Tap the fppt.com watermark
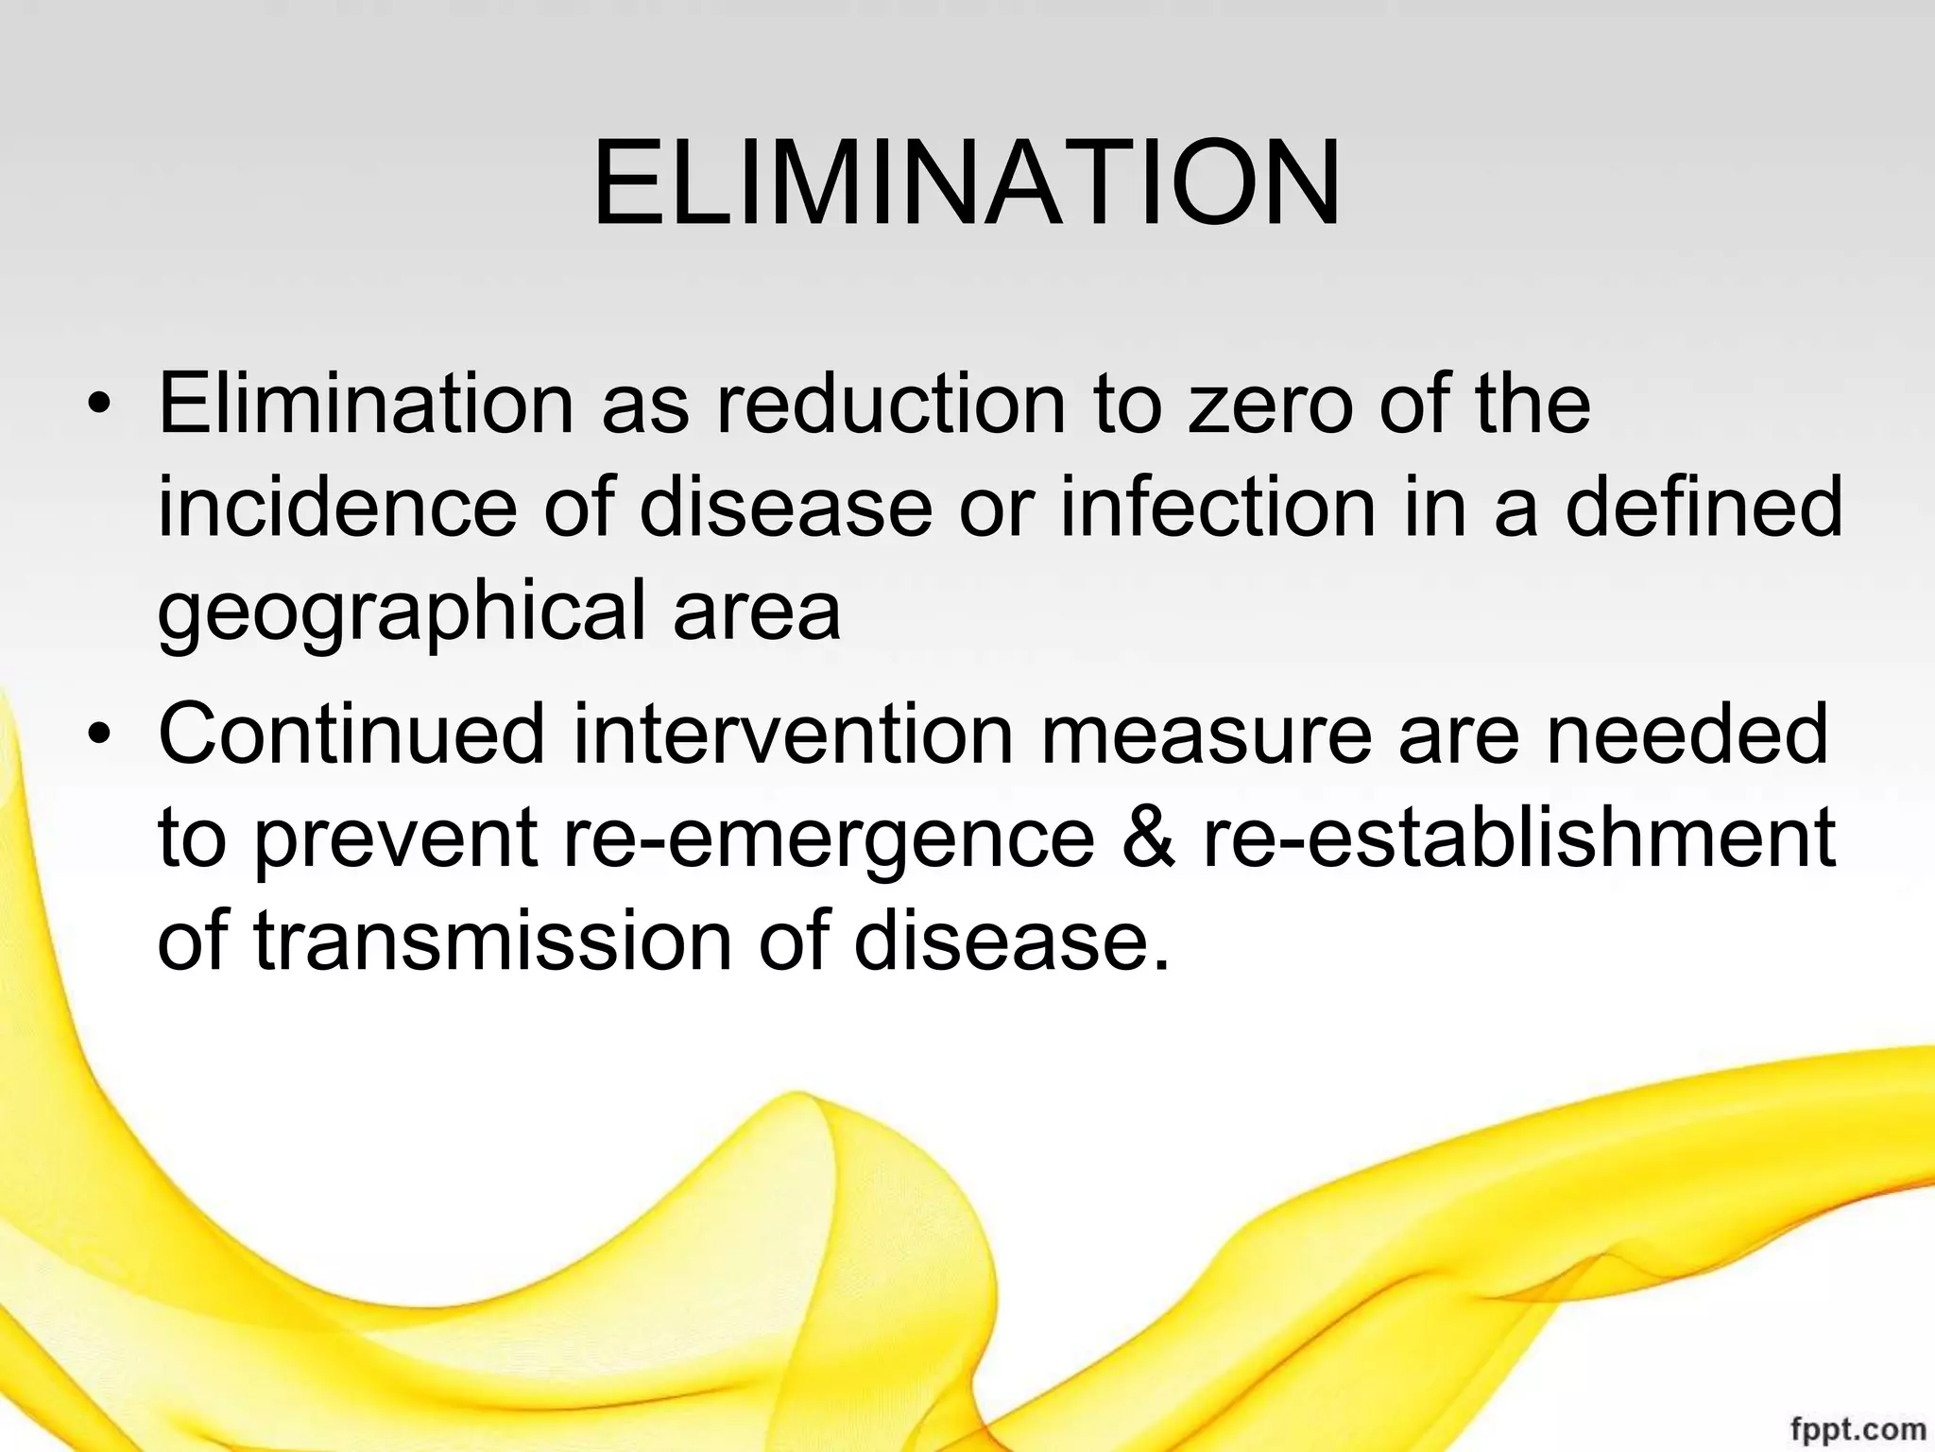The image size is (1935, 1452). [x=1856, y=1427]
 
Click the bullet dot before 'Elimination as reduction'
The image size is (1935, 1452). [x=98, y=407]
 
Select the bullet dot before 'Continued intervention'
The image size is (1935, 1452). [x=98, y=735]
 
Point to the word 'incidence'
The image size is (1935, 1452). [x=337, y=508]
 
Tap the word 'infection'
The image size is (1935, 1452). [x=1217, y=508]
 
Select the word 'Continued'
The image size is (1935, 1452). [x=351, y=734]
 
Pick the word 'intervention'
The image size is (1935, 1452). [x=792, y=734]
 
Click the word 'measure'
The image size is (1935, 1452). [x=1206, y=734]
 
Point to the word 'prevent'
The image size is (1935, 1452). [x=397, y=838]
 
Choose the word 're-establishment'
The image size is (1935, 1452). [x=1518, y=838]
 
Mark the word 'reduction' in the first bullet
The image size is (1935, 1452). [x=890, y=405]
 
